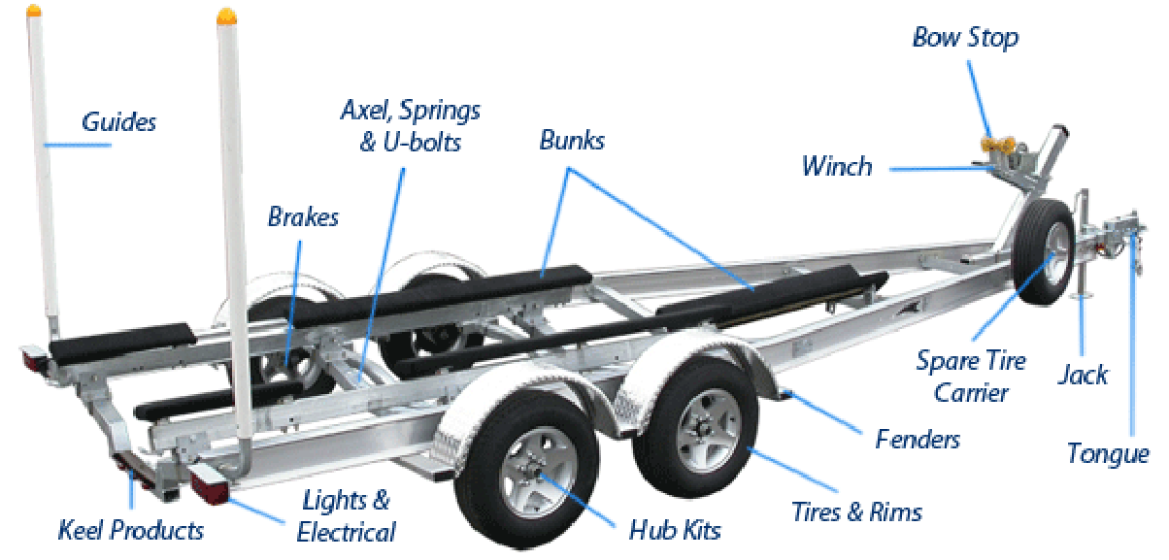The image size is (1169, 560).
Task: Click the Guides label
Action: [118, 122]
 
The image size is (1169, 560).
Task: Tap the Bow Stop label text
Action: [965, 38]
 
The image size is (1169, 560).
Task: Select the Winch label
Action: [836, 166]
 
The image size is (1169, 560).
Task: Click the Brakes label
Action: [303, 216]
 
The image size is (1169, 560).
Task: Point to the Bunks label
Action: [572, 141]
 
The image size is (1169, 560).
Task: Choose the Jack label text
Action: [1083, 375]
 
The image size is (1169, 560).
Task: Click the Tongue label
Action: [1107, 453]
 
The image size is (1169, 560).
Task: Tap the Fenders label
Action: [917, 439]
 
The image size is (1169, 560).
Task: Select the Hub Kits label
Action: [675, 530]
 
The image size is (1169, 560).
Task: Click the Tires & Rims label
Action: [855, 511]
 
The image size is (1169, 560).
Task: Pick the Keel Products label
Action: [131, 530]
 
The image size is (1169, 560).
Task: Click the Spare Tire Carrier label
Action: [970, 377]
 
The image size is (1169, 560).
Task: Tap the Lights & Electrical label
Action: [347, 516]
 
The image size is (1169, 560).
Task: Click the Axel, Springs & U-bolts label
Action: [410, 125]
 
